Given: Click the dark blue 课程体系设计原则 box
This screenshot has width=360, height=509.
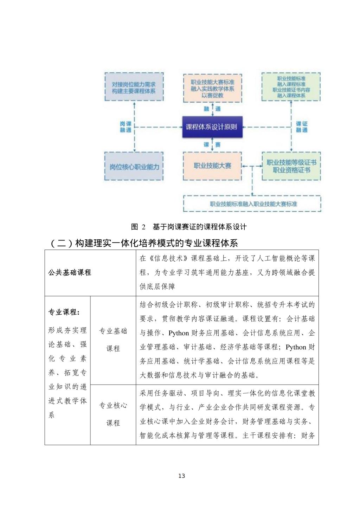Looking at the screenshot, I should coord(212,127).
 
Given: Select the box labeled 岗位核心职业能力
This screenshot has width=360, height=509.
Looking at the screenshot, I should coord(134,167).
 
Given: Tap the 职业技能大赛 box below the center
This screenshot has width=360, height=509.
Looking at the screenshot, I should coord(212,166).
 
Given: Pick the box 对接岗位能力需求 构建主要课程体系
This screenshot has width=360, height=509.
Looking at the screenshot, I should coord(134,88).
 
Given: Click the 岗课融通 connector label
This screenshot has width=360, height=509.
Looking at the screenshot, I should coord(126,127).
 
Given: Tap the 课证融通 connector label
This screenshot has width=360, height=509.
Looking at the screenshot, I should coord(301,127).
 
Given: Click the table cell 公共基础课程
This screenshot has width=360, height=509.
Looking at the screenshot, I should coord(70,272).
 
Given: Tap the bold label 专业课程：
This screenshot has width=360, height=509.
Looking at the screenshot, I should coord(64,312).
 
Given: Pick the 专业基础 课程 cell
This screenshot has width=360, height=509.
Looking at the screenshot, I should coord(113,340).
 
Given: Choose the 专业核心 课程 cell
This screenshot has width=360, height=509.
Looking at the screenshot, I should coord(113,414).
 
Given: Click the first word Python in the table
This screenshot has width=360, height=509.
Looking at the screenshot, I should coord(179,333).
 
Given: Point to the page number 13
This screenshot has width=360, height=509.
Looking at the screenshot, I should coord(181,476).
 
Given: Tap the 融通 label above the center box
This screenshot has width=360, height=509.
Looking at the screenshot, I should coord(212,109).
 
